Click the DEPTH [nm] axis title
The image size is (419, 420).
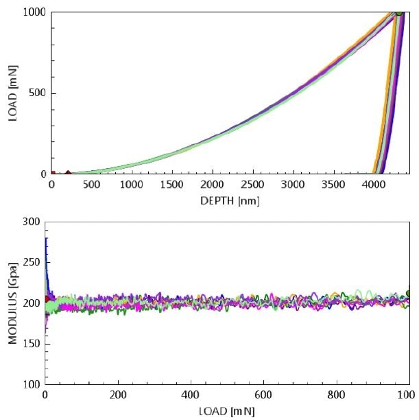point(230,200)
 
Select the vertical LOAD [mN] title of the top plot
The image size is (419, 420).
point(12,93)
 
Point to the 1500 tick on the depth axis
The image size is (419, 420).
point(172,185)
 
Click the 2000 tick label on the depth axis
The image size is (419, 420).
point(212,185)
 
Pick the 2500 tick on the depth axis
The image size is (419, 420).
point(252,185)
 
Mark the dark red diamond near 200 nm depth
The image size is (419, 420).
point(68,174)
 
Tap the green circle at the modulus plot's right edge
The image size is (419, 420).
point(409,293)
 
